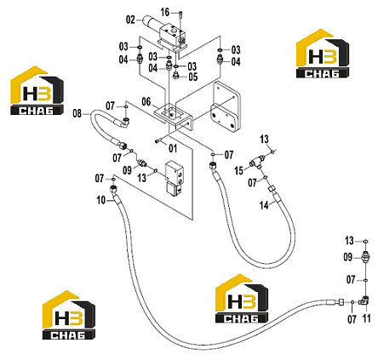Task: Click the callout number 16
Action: click(165, 13)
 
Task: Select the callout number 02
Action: click(130, 20)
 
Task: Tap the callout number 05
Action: click(193, 77)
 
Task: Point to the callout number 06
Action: click(146, 101)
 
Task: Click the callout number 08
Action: click(77, 113)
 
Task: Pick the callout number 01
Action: click(173, 148)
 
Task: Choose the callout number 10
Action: click(101, 200)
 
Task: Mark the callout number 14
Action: click(264, 205)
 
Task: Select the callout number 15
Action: click(238, 171)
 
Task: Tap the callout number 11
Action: click(367, 318)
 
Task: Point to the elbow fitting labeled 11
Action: click(364, 301)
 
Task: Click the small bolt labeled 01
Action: click(158, 140)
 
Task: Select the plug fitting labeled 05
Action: click(176, 76)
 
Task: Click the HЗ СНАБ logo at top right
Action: click(323, 54)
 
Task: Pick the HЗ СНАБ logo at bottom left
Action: click(69, 315)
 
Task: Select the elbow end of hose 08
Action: click(123, 123)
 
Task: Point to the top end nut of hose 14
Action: click(272, 189)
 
